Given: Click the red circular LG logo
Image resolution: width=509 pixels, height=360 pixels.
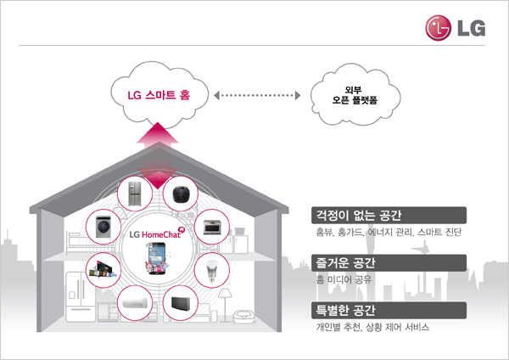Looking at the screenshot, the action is (x=439, y=28).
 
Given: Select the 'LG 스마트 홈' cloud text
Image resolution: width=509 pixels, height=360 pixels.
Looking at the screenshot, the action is (x=159, y=95).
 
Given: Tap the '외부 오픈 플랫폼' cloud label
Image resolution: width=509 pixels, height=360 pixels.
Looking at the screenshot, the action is (x=355, y=95).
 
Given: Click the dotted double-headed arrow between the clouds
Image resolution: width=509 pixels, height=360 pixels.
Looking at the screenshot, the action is (x=257, y=96).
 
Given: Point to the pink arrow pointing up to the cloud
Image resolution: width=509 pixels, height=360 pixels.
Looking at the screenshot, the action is (x=158, y=136).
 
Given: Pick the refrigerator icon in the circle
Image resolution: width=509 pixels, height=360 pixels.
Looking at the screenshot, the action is (x=135, y=194).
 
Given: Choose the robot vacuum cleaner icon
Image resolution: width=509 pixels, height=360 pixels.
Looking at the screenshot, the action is (x=181, y=194).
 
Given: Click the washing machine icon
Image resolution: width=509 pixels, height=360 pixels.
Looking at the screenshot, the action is (x=103, y=227).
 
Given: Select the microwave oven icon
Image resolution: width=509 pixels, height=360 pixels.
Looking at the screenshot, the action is (x=212, y=227).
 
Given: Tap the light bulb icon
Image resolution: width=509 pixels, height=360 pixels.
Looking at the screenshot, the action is (x=211, y=271).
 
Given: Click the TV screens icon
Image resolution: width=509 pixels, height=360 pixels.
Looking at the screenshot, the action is (x=103, y=269).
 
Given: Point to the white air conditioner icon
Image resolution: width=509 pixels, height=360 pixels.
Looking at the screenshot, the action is (x=135, y=303).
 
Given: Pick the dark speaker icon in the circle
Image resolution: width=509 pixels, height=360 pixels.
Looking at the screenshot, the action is (x=181, y=303).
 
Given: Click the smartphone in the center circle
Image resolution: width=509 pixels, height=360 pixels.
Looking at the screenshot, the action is (x=158, y=259).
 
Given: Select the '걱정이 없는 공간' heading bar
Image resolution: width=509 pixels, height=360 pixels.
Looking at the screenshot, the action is (x=389, y=215).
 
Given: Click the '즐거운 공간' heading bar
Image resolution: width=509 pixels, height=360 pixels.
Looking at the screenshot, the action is (x=389, y=263).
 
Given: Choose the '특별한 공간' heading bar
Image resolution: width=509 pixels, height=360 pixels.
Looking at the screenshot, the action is (x=389, y=310).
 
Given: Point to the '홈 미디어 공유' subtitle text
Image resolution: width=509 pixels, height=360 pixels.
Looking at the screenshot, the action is (x=344, y=279).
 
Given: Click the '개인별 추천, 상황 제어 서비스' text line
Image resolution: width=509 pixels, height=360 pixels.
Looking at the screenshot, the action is (x=372, y=327).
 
